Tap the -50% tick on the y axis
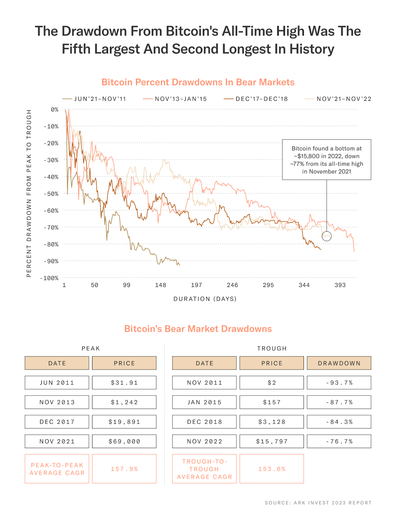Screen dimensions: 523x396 51,194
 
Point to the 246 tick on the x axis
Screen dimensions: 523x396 232,285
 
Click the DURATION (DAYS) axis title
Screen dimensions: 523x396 205,299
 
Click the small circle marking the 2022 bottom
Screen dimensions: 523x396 326,236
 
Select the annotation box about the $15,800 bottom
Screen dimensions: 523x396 326,160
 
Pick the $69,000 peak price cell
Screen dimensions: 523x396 124,441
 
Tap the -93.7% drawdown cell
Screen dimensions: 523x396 339,382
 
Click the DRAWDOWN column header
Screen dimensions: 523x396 339,363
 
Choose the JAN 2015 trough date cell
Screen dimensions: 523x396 204,402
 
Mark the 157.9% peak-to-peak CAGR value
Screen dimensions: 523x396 124,469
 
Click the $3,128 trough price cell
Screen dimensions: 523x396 272,422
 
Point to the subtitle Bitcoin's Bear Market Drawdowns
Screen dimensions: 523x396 198,329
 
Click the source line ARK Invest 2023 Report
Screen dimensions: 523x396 318,503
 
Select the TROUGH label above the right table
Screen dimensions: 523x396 272,348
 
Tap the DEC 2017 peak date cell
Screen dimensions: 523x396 57,422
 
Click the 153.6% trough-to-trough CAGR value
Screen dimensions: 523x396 272,469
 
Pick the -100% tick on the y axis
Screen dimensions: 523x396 50,278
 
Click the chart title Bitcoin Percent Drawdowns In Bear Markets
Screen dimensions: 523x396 198,82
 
